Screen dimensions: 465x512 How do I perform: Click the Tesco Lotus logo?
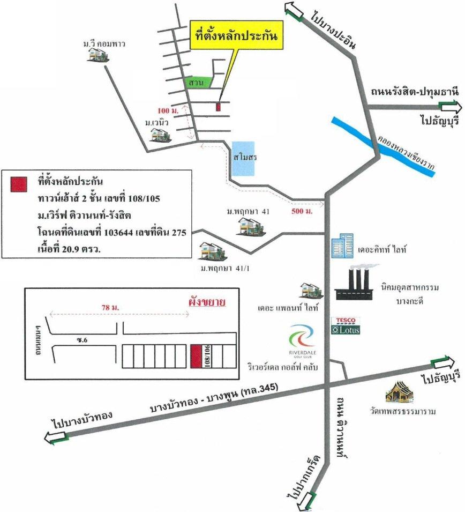[x=346, y=325]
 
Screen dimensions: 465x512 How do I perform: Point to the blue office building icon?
[x=342, y=246]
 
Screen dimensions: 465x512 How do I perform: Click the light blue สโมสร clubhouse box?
[x=243, y=159]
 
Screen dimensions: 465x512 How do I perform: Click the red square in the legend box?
[x=19, y=184]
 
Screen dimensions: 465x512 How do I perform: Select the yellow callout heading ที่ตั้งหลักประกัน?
[x=237, y=35]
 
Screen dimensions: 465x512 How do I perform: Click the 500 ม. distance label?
[x=302, y=211]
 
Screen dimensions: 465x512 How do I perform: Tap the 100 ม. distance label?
[x=168, y=110]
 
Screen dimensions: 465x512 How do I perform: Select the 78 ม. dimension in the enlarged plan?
[x=110, y=307]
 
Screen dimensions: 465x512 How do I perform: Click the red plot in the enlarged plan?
[x=196, y=356]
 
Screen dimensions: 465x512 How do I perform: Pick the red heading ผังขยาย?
[x=207, y=302]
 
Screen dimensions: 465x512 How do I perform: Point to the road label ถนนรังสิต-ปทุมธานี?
[x=415, y=92]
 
